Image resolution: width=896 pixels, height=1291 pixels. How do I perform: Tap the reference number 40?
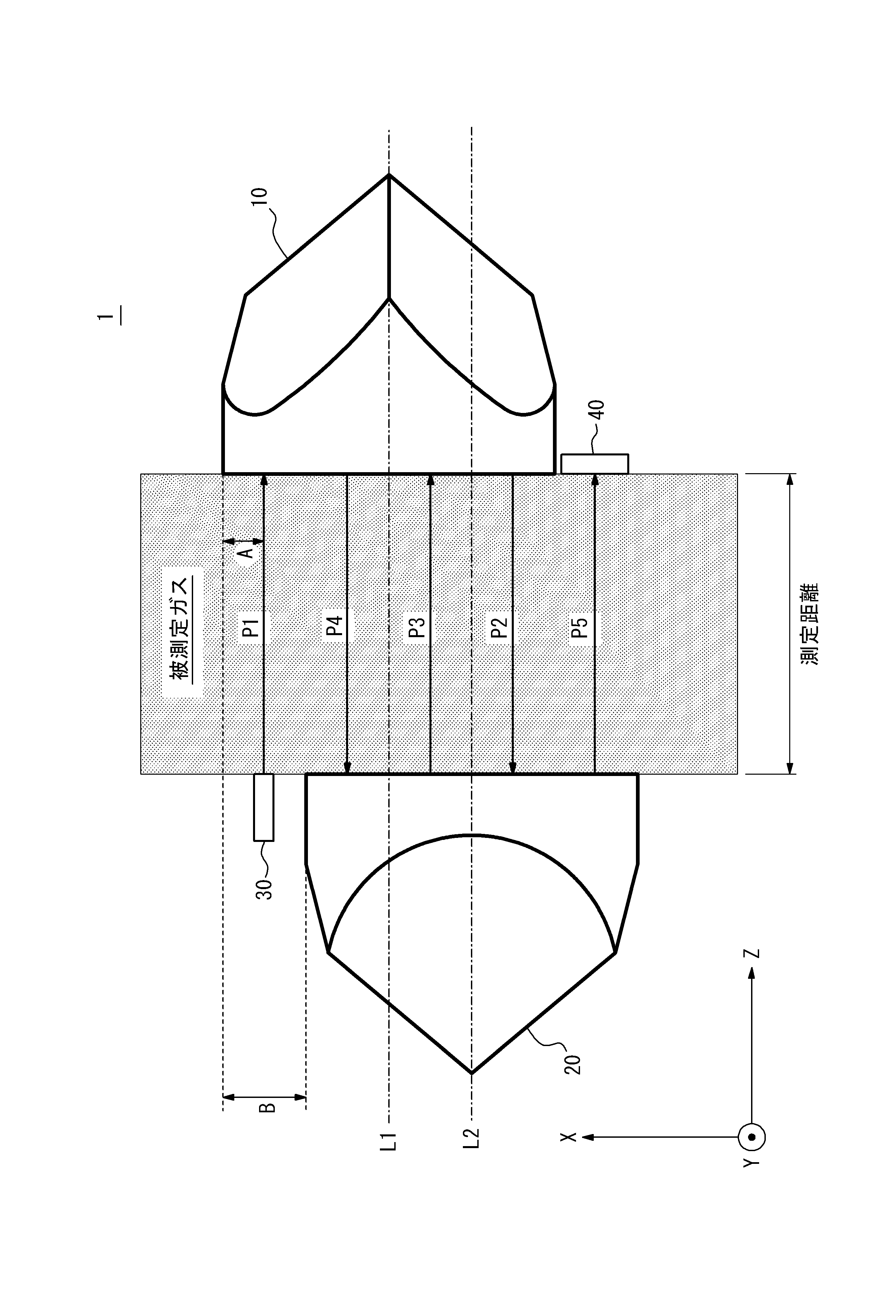click(598, 409)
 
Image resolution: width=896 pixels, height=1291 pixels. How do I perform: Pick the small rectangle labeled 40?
click(594, 464)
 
